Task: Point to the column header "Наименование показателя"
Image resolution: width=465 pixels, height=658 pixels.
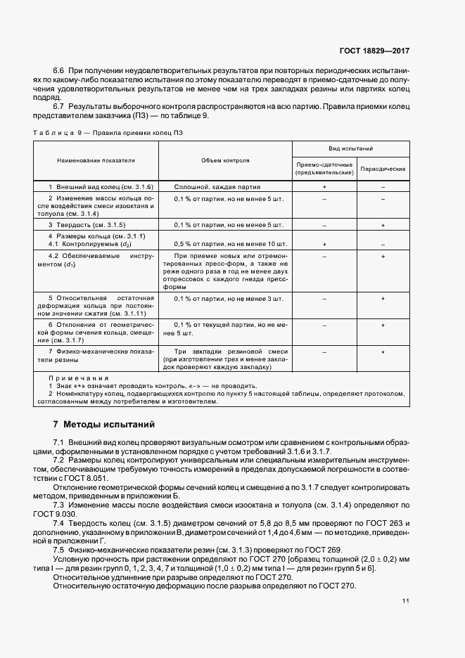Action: tap(96, 160)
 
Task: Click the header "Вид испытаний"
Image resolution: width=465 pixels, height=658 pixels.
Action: tap(350, 150)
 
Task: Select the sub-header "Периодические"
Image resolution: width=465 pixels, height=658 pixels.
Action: tap(382, 169)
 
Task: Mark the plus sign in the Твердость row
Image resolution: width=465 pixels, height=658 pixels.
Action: tap(382, 225)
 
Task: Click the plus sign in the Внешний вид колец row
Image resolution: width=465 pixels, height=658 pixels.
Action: tap(324, 187)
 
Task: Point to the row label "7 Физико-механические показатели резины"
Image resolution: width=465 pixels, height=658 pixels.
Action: tap(96, 355)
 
